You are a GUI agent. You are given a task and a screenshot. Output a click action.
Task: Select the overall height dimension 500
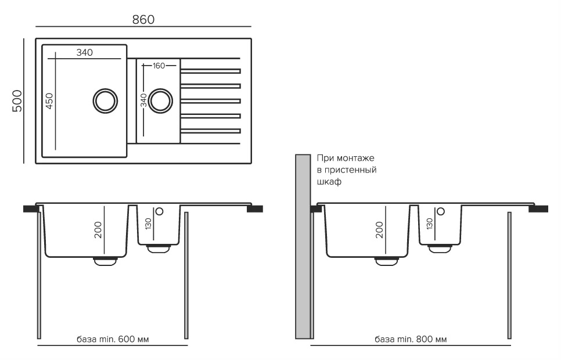(x=17, y=101)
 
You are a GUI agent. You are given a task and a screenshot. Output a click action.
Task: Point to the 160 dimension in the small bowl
(x=159, y=65)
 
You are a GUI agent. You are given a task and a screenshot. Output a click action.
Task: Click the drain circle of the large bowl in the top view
(x=105, y=100)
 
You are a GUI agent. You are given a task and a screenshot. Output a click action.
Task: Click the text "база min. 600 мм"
(x=112, y=339)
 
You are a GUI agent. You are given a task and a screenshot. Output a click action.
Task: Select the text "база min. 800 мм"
(x=411, y=339)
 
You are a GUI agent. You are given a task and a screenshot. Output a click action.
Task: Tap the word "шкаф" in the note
(x=329, y=182)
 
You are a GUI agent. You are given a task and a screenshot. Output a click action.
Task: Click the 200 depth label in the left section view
(x=98, y=230)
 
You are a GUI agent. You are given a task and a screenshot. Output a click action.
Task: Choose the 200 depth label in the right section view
(x=379, y=230)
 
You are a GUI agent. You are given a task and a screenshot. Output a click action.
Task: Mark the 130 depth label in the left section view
(x=148, y=224)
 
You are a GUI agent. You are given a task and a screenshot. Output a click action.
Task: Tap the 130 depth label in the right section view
(x=429, y=224)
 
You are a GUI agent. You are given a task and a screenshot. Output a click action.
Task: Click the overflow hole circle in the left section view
(x=159, y=212)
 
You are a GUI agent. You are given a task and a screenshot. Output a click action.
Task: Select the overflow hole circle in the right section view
(x=440, y=212)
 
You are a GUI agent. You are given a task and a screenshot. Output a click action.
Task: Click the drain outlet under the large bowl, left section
(x=105, y=261)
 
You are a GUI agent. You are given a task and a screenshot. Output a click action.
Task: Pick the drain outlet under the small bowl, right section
(x=440, y=248)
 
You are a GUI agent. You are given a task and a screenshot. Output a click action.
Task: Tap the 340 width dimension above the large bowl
(x=84, y=53)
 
